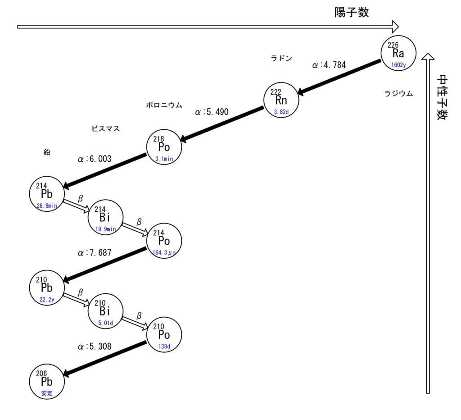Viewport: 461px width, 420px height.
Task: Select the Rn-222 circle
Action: point(281,100)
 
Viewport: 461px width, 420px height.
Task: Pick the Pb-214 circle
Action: point(47,194)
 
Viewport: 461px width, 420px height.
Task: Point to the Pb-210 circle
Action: point(47,288)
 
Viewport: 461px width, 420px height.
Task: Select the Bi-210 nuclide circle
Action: point(105,311)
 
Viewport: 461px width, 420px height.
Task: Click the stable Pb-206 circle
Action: point(47,381)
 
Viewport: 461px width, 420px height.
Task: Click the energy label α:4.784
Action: point(329,65)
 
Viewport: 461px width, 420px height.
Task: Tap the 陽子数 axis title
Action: point(351,12)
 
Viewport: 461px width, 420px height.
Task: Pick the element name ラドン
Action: point(281,58)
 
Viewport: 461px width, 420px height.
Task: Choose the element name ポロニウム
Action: point(164,105)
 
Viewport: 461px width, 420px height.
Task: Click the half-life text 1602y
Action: point(398,65)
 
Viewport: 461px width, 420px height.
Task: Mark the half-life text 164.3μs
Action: point(164,253)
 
